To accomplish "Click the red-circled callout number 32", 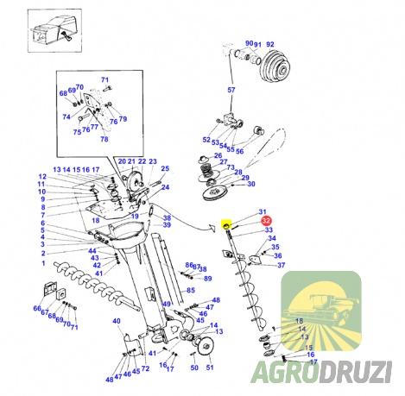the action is (x=266, y=221).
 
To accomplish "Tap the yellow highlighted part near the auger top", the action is (x=226, y=224).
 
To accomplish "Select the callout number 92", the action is (x=270, y=44).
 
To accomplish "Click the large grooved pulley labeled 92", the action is (x=275, y=69).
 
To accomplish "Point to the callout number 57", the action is (x=231, y=90).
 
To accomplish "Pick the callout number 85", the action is (x=191, y=290).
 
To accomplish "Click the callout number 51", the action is (x=210, y=368).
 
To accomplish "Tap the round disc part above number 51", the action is (x=206, y=347).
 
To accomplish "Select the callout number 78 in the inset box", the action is (x=104, y=139).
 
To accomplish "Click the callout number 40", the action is (x=117, y=321).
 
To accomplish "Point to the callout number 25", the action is (x=165, y=168).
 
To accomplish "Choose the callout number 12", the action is (x=42, y=177).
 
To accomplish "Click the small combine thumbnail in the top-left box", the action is (x=54, y=31).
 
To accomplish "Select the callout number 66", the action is (x=37, y=308).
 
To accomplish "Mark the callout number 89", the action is (x=207, y=279).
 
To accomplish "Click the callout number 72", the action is (x=145, y=368).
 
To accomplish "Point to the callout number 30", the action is (x=251, y=184).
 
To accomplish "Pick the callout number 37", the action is (x=281, y=265).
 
